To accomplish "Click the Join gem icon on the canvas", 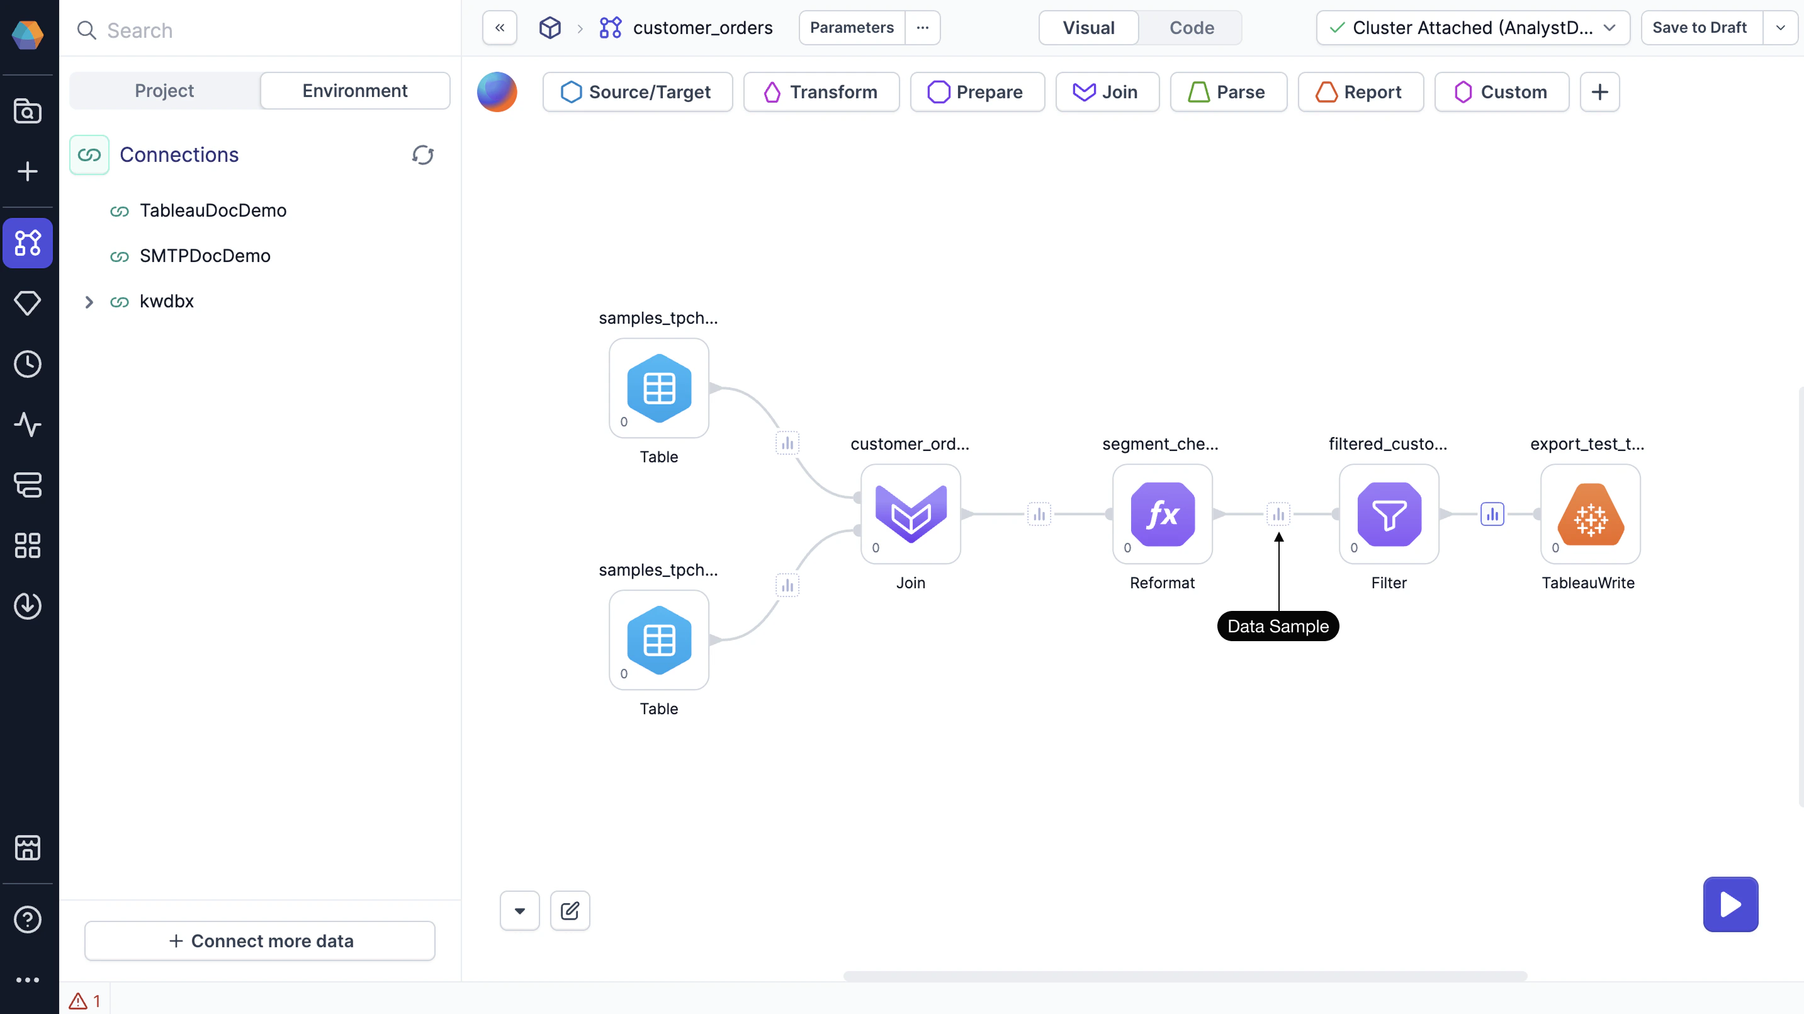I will coord(910,514).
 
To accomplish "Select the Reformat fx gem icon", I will coord(1162,514).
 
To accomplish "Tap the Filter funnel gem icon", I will coord(1389,514).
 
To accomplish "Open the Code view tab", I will coord(1191,28).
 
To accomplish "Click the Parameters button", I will coord(852,28).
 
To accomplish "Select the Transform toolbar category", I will coord(821,92).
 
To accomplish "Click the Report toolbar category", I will coord(1360,92).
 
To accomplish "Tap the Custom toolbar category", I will coord(1501,92).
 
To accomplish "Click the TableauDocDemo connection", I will coord(213,210).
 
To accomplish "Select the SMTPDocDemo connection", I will coord(205,256).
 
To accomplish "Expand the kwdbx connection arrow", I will coord(89,301).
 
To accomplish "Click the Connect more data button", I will coord(260,940).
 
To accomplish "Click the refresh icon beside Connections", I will coord(422,155).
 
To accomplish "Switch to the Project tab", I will coord(164,91).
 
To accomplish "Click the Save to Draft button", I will coord(1699,28).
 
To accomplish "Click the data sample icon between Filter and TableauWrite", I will coord(1492,514).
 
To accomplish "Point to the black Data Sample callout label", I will coord(1277,626).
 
